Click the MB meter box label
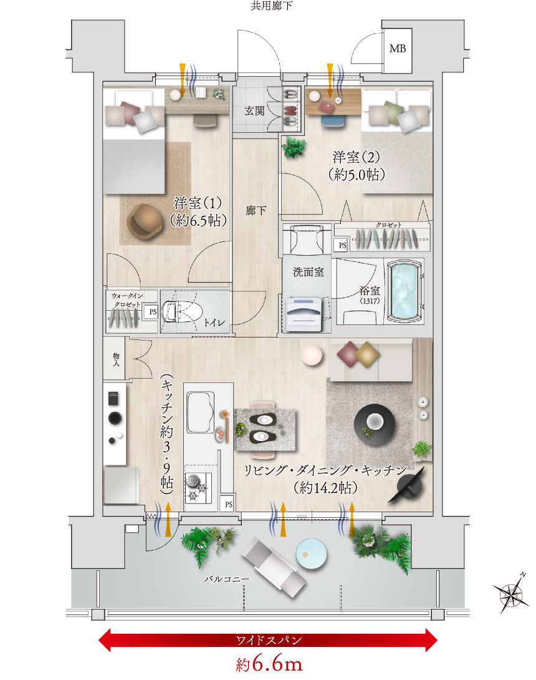[x=398, y=49]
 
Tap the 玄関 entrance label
[x=254, y=111]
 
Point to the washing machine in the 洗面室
[x=305, y=314]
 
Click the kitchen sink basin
[x=201, y=413]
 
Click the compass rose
[x=511, y=593]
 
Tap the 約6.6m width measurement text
[x=269, y=664]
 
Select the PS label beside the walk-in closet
[x=153, y=312]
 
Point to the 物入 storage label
[x=116, y=359]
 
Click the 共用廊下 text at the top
[x=271, y=6]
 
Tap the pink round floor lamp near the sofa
[x=312, y=355]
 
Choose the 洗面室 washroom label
[x=308, y=272]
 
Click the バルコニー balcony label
[x=226, y=579]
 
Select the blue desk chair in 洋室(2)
[x=333, y=120]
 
